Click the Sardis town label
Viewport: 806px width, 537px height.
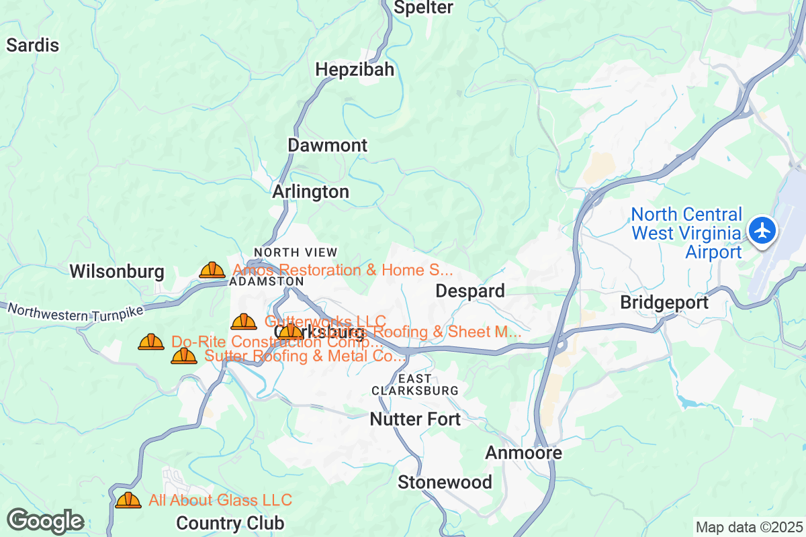pyautogui.click(x=33, y=46)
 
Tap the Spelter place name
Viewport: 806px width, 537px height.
pyautogui.click(x=423, y=8)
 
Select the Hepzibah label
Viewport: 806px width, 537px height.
pyautogui.click(x=355, y=70)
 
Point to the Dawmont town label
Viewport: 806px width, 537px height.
pyautogui.click(x=328, y=146)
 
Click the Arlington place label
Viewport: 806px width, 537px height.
pyautogui.click(x=310, y=192)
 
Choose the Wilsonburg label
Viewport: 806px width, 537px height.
pyautogui.click(x=117, y=272)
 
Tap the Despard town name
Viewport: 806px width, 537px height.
pyautogui.click(x=470, y=291)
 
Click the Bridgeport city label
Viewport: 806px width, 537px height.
pyautogui.click(x=664, y=303)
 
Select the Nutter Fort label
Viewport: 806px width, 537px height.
pyautogui.click(x=415, y=420)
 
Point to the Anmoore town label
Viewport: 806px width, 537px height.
pyautogui.click(x=523, y=453)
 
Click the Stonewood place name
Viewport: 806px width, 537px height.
pyautogui.click(x=445, y=482)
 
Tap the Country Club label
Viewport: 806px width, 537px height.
pyautogui.click(x=230, y=523)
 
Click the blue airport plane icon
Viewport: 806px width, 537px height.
pyautogui.click(x=762, y=231)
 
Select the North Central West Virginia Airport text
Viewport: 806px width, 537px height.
pyautogui.click(x=686, y=233)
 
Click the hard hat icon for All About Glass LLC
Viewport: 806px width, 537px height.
pyautogui.click(x=128, y=500)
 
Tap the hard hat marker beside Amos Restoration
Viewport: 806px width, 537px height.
pyautogui.click(x=212, y=270)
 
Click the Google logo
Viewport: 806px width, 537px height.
pyautogui.click(x=45, y=521)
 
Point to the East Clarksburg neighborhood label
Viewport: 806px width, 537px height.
pyautogui.click(x=415, y=385)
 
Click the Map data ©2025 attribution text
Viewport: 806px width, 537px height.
pyautogui.click(x=748, y=527)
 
